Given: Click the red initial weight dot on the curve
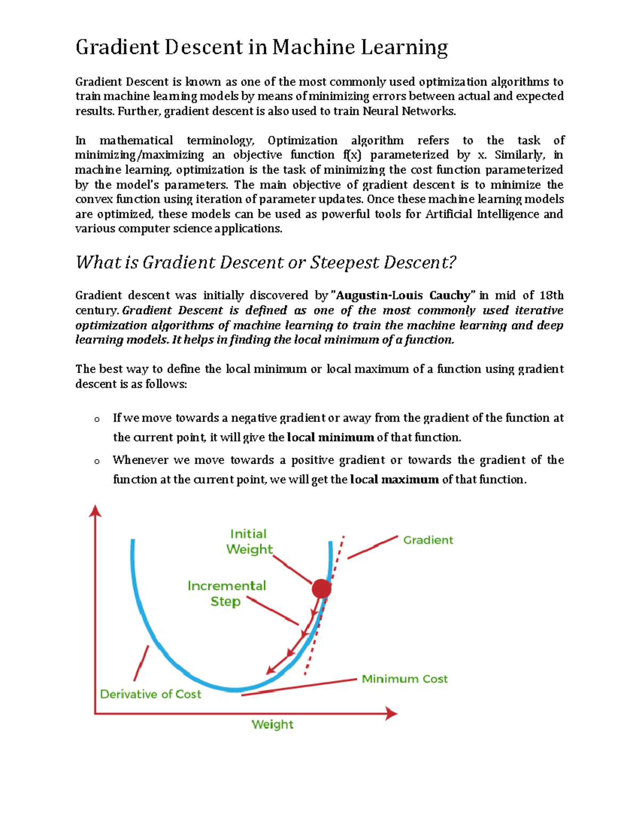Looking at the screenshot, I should [x=322, y=588].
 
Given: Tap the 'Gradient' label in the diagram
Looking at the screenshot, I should [x=428, y=540].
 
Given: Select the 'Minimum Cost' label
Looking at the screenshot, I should [x=405, y=679].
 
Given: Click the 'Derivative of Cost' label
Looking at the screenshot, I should [x=151, y=694].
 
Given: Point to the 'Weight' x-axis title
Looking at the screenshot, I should [x=272, y=724].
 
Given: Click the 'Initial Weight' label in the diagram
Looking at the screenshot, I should [x=249, y=542].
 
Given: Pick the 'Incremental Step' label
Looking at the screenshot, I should [x=226, y=594].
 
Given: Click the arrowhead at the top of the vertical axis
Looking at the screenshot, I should [x=95, y=511].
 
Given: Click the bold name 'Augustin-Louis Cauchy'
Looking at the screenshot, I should [x=403, y=296].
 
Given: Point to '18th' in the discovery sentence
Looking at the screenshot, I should [x=551, y=296].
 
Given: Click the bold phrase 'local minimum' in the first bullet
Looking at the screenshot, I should [x=330, y=438].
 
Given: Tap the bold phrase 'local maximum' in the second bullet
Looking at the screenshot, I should [x=395, y=480].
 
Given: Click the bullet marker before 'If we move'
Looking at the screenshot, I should [x=97, y=420].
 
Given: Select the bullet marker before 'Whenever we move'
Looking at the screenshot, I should [x=97, y=462].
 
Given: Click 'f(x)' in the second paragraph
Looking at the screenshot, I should [x=352, y=155].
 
